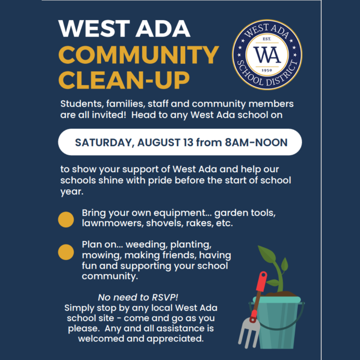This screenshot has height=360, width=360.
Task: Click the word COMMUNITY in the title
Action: (x=139, y=55)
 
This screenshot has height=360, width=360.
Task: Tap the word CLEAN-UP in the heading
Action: (x=124, y=80)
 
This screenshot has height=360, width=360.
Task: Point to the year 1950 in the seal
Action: (x=267, y=70)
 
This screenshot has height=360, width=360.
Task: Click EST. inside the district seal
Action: (x=267, y=39)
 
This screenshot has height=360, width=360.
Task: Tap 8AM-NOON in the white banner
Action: (x=256, y=142)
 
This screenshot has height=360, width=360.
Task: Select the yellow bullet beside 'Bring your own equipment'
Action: (x=66, y=219)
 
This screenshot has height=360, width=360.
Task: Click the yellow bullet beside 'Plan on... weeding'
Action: (x=66, y=252)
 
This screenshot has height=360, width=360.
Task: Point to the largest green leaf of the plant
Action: (x=267, y=254)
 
